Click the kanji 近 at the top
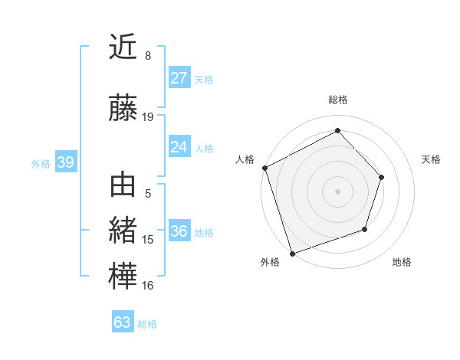(x=123, y=49)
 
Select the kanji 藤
(x=123, y=109)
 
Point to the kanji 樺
(x=123, y=277)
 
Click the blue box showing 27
(x=179, y=78)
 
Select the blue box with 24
(x=179, y=147)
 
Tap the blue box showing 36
(x=179, y=231)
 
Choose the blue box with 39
(x=65, y=162)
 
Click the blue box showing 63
(x=122, y=322)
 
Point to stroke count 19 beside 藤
(x=148, y=117)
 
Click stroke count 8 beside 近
(x=148, y=56)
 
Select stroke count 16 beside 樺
(x=148, y=286)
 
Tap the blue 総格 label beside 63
(x=147, y=324)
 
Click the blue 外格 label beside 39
(x=40, y=163)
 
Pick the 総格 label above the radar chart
(x=337, y=100)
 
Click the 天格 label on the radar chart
(x=432, y=159)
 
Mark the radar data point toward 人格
(x=264, y=168)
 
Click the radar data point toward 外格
(x=292, y=252)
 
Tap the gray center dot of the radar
(x=337, y=191)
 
